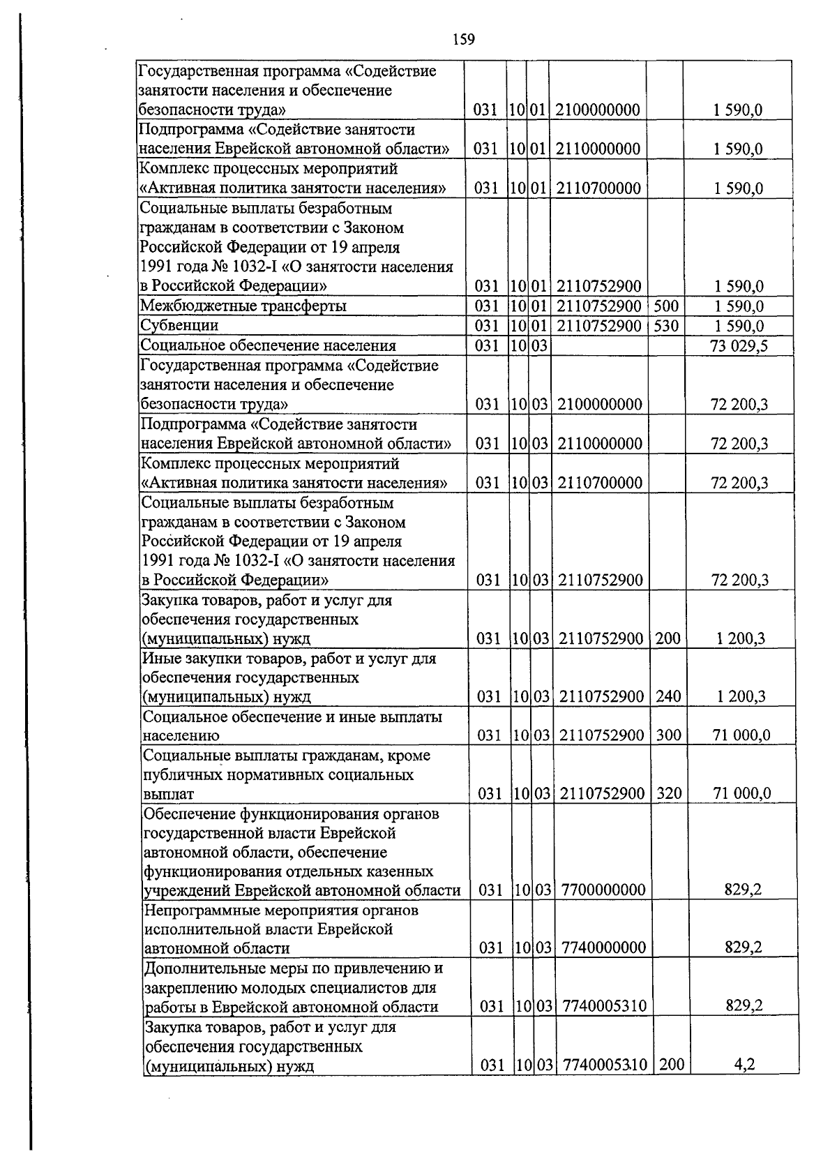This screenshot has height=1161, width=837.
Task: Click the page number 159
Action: pos(463,39)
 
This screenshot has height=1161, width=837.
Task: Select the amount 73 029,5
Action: pos(739,345)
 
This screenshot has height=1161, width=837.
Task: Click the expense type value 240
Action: pos(668,696)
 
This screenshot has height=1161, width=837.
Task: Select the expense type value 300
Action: pos(668,735)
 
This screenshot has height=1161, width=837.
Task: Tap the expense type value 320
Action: pos(668,793)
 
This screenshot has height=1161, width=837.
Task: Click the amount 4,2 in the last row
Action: pos(746,1065)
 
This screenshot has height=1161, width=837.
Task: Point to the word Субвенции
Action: pos(179,326)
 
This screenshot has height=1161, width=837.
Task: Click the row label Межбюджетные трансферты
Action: pos(243,306)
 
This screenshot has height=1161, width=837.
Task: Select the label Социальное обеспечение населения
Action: pos(268,345)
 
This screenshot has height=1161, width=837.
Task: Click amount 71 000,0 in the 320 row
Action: pos(741,793)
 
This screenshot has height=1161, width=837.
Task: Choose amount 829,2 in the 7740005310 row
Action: pos(744,1005)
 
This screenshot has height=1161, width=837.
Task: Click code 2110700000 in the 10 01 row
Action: pos(598,188)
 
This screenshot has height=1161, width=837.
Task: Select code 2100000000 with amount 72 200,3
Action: pos(600,404)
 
